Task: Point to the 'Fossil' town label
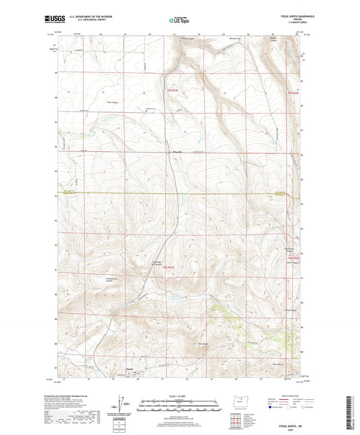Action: tap(129, 369)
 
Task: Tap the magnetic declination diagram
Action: tap(125, 402)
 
